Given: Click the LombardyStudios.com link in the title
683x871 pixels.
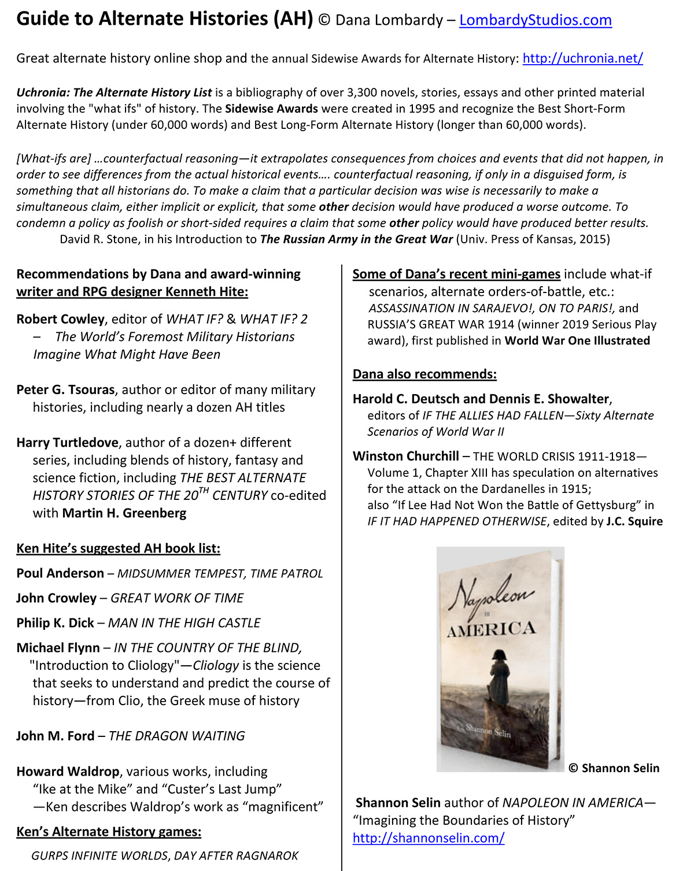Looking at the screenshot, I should pos(535,20).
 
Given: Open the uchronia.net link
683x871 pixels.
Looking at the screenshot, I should pos(582,58).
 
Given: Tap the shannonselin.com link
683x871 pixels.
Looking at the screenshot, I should pos(429,837).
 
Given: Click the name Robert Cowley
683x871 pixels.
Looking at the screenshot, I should pos(60,319).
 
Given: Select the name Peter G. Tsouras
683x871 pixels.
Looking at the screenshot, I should pos(65,390).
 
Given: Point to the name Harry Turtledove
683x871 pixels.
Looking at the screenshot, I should pos(67,443).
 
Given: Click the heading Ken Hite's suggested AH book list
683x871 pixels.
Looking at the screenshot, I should pos(118,548).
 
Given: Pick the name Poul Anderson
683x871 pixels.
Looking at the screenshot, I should pos(60,573).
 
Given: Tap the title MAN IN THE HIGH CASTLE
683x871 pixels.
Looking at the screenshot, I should pos(184,623).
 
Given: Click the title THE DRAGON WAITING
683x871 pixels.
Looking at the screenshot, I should pos(176,736).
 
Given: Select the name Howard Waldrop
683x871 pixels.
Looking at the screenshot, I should pos(68,772).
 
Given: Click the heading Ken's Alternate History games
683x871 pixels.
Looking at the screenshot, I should pos(109,832).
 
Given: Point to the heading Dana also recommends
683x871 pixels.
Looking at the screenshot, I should pos(424,375).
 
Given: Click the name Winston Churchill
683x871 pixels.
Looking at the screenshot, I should pos(406,457).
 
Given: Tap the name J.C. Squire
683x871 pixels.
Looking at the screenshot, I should pos(634,521).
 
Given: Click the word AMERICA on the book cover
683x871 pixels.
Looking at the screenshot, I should pos(492,629).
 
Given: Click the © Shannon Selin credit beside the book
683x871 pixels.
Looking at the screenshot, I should pos(614,768).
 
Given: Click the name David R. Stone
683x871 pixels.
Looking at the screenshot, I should pos(99,239).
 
